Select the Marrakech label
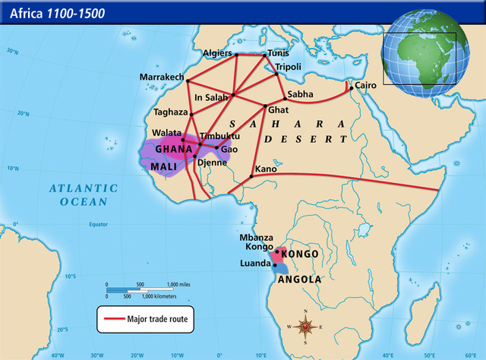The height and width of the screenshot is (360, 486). coord(163,77)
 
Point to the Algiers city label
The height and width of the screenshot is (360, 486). coord(218,53)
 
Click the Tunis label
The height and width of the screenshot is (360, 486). coord(276,53)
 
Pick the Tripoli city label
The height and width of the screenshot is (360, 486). coord(288,68)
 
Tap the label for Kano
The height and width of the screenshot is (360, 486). coord(266,169)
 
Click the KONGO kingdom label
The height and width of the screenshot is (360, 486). coord(300,254)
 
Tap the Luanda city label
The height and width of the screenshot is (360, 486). coord(256,264)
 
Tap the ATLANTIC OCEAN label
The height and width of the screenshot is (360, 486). coord(84,194)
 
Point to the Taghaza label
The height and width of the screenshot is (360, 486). coord(169,112)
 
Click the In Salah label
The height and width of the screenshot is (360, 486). coord(213,97)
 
